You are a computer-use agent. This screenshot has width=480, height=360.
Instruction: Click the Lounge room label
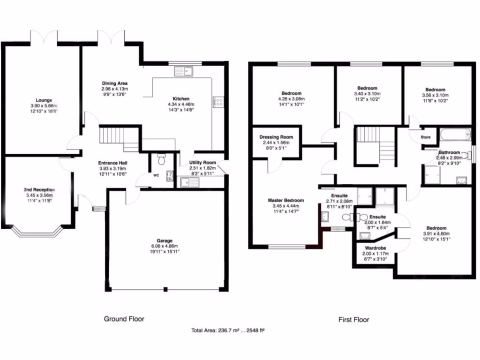pos(42,99)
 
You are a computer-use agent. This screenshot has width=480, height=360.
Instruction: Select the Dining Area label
pos(115,83)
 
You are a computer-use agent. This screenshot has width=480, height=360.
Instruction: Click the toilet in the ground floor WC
pos(161,160)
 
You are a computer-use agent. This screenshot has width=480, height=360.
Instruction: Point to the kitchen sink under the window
pos(184,71)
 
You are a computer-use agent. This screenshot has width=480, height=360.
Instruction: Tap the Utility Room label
pos(202,162)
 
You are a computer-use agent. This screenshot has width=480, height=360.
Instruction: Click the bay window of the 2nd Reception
pos(37,230)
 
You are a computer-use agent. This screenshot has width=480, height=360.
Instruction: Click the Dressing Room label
pos(276,137)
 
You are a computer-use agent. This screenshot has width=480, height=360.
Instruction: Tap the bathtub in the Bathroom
pos(455,136)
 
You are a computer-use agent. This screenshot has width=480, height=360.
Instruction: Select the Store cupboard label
pos(425,137)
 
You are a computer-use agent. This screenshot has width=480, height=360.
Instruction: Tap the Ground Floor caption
pos(124,319)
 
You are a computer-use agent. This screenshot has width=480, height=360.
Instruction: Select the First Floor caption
pos(353,320)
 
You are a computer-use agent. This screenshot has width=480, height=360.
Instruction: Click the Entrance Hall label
pos(113,163)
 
